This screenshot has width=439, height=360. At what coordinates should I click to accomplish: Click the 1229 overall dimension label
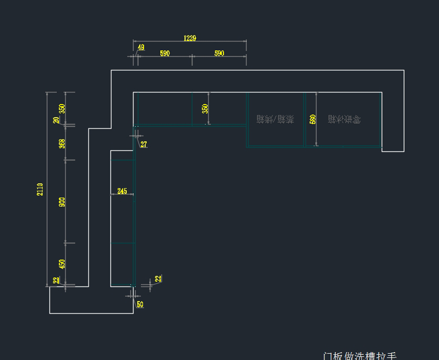[x=190, y=38]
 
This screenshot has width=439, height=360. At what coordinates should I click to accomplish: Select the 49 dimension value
[x=141, y=47]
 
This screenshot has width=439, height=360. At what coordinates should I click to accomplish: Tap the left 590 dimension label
[x=165, y=53]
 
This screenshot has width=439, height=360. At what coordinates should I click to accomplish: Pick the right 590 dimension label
[x=219, y=53]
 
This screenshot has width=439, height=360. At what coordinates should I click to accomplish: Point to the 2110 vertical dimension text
[x=40, y=189]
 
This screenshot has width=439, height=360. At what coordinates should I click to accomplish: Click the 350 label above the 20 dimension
[x=62, y=108]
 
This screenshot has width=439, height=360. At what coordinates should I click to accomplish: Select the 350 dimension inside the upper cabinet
[x=205, y=108]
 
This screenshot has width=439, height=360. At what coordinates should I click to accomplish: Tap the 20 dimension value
[x=56, y=120]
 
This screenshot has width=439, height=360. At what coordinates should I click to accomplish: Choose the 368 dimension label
[x=62, y=143]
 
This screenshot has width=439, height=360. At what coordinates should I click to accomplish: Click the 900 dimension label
[x=62, y=202]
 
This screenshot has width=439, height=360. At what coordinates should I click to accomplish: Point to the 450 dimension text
[x=62, y=264]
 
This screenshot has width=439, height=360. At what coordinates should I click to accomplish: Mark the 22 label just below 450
[x=56, y=280]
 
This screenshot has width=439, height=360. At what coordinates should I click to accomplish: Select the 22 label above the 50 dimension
[x=158, y=278]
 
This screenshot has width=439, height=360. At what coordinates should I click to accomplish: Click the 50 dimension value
[x=140, y=304]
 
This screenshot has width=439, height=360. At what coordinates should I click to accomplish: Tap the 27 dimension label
[x=143, y=145]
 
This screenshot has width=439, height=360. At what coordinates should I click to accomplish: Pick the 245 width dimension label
[x=122, y=191]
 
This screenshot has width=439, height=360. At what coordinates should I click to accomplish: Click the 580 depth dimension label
[x=312, y=119]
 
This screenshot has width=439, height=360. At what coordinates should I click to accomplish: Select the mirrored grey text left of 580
[x=275, y=119]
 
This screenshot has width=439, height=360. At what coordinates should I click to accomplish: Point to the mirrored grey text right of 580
[x=344, y=119]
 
